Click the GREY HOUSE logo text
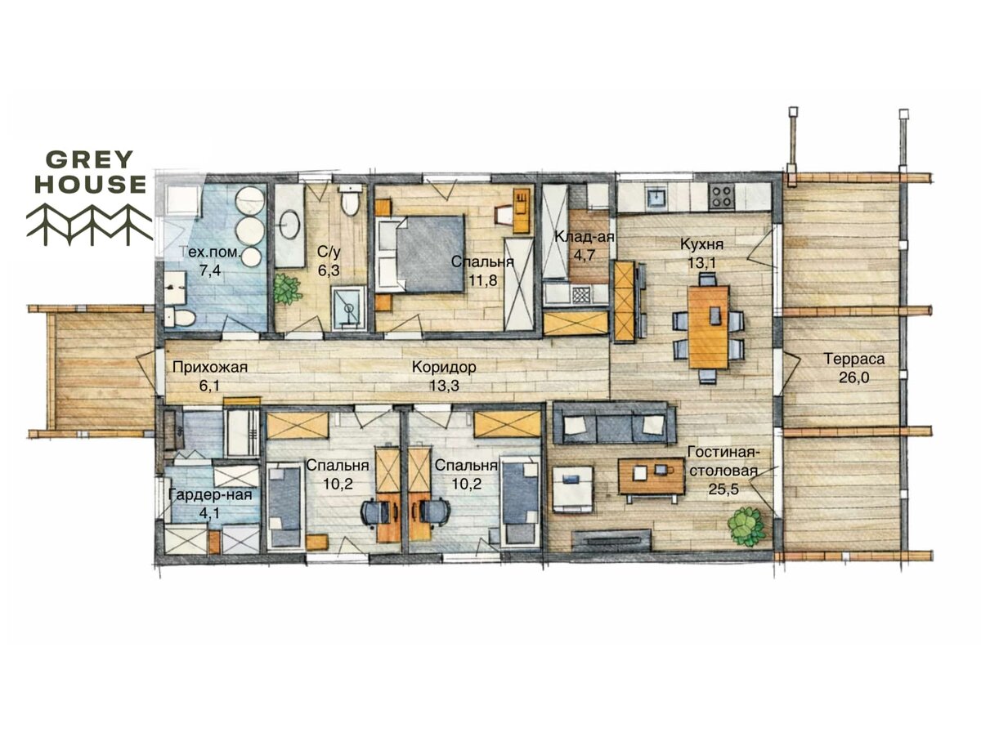90,172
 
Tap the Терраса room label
854,359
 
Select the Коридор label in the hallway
443,367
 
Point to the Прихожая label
209,367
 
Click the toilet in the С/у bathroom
349,202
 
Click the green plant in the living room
745,525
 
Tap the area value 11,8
482,280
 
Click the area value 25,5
723,489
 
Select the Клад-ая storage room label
585,236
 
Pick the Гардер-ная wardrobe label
210,494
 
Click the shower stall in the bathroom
348,309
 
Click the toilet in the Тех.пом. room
180,318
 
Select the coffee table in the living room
652,476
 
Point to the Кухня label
701,244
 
